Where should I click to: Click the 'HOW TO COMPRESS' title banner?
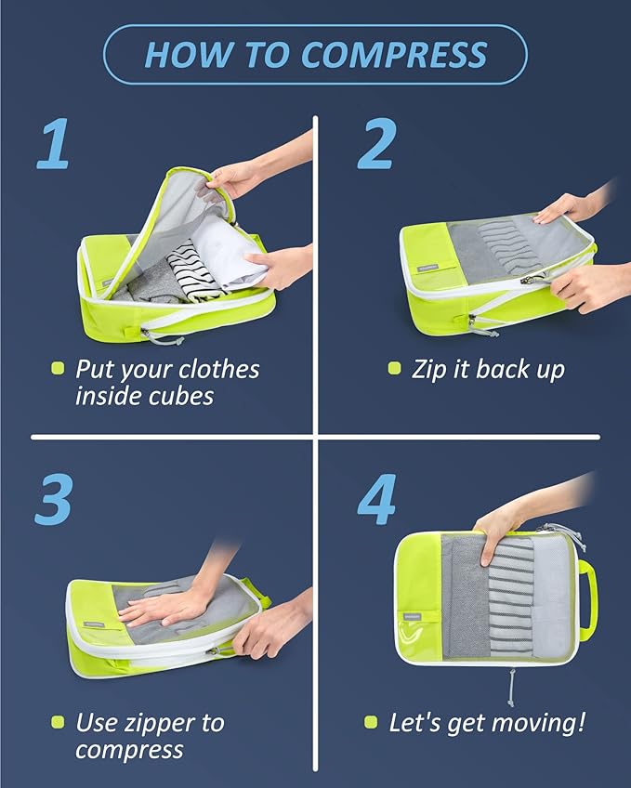tap(315, 55)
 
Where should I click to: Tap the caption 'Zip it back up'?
tap(488, 369)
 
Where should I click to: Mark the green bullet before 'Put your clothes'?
tap(58, 369)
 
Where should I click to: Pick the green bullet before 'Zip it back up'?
tap(394, 369)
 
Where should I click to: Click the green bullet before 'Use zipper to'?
tap(58, 722)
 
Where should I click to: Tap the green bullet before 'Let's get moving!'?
tap(371, 722)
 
